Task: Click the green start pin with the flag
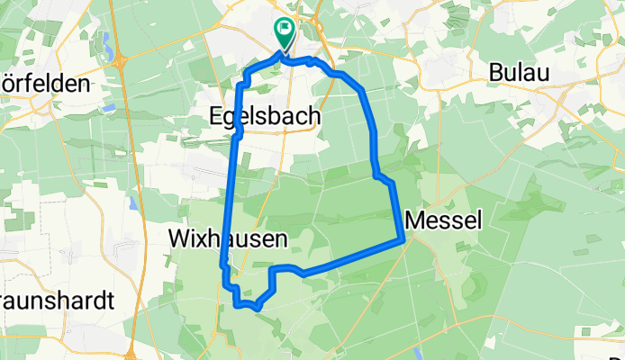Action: point(284,32)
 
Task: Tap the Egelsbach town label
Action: point(266,115)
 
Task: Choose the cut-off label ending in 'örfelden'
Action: point(45,84)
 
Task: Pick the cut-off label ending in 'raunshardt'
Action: point(56,301)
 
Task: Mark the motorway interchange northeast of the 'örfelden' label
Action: point(120,61)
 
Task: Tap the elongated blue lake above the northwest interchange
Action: point(110,42)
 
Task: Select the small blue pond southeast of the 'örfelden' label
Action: point(108,107)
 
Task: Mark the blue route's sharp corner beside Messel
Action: point(401,239)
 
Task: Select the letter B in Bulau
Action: point(497,73)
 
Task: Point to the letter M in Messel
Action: point(416,219)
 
